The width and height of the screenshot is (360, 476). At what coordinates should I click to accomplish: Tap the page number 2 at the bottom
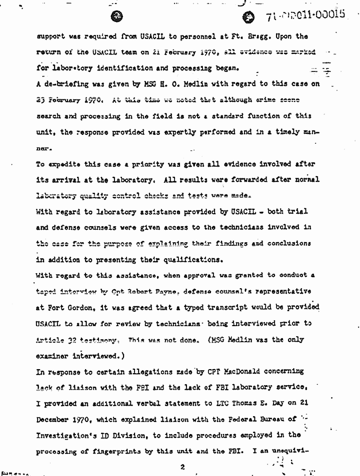[x=183, y=467]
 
